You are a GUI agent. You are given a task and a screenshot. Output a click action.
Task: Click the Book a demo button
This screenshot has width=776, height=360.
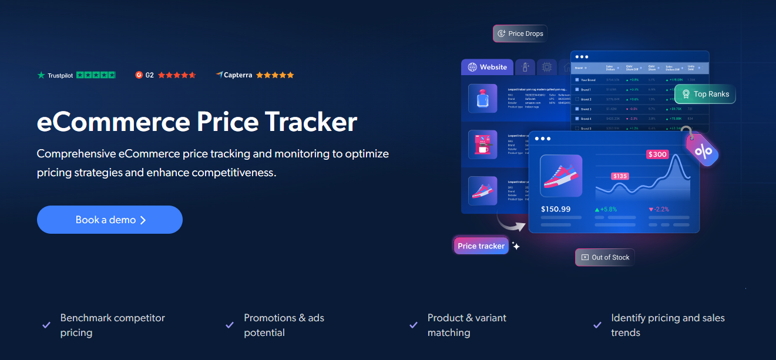coord(110,220)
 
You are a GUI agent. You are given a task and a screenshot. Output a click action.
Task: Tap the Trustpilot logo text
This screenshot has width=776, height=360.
coord(60,75)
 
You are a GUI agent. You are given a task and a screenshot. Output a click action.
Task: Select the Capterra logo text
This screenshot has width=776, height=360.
coord(238,75)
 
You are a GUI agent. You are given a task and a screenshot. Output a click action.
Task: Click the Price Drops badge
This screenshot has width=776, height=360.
coord(520,33)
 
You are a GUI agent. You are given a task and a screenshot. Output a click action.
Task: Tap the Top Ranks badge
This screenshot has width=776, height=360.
coord(705,94)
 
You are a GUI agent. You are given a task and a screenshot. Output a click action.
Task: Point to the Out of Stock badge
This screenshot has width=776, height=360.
coord(605,257)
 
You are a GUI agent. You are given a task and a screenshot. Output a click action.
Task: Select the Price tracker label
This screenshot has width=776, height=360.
coord(481,246)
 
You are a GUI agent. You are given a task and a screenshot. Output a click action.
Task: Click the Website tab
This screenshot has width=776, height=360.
coord(488,67)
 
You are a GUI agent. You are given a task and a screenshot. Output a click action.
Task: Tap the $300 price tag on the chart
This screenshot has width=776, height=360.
coord(657,154)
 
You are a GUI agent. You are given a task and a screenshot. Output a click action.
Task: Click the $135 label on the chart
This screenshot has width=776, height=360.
coord(620,176)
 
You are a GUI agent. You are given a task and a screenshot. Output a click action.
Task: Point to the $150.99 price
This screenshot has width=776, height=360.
coord(556,209)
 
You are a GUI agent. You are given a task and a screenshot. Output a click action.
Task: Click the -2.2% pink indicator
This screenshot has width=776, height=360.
coord(659,209)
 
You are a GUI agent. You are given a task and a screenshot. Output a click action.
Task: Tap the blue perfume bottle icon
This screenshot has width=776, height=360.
coord(483,97)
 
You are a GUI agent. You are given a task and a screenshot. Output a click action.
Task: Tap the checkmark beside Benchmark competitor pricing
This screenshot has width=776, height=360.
coord(46,325)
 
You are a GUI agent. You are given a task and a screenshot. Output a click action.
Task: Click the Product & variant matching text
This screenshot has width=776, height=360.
coord(466,325)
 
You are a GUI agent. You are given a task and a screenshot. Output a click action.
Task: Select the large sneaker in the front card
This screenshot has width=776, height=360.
coord(561,176)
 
